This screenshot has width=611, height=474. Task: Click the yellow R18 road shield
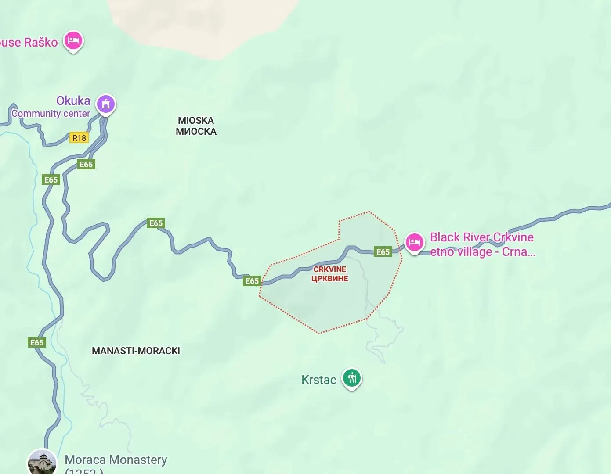point(79,138)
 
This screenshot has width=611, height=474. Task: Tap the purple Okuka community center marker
point(105,104)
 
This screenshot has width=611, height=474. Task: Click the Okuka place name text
point(73,101)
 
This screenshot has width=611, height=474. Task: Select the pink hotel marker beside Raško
point(73,41)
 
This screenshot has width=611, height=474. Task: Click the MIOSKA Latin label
point(196,120)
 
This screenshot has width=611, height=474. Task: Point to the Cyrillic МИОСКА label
point(196,131)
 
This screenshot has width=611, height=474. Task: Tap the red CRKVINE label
point(330,269)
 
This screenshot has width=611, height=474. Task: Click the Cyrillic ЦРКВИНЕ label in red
point(330,279)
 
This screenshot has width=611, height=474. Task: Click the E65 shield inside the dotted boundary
point(383,252)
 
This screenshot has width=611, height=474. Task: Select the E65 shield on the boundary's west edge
point(252,281)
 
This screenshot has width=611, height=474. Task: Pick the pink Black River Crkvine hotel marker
point(414,242)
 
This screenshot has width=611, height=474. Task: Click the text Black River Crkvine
point(481,237)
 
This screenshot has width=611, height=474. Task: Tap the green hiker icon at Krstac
point(352,377)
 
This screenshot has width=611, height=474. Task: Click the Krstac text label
point(318,380)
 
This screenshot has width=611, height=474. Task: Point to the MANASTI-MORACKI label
point(136,351)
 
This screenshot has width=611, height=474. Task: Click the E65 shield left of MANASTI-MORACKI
point(37,342)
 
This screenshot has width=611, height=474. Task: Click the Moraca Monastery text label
point(116,460)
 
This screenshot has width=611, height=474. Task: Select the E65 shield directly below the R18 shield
point(86,164)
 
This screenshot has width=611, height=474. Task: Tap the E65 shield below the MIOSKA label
point(156,223)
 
